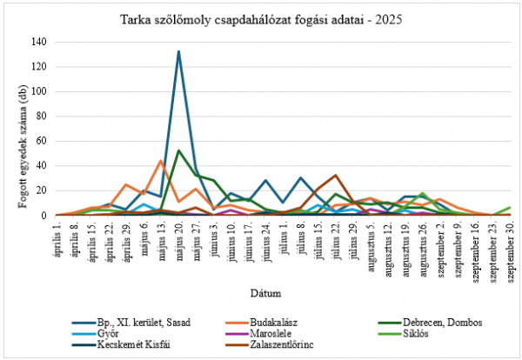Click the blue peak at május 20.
[178, 51]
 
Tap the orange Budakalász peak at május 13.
[161, 161]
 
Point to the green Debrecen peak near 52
[178, 150]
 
